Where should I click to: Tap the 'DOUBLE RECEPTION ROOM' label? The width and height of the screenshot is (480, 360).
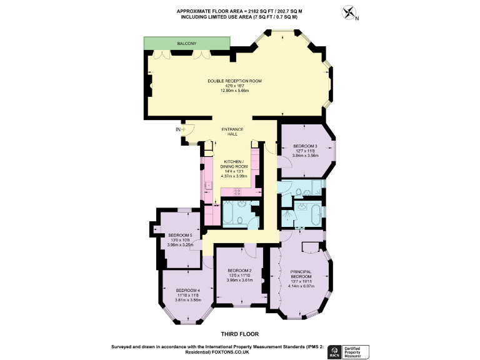click(x=234, y=81)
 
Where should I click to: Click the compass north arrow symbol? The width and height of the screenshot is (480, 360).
click(x=348, y=13)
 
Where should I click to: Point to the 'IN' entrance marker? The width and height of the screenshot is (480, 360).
click(x=177, y=130)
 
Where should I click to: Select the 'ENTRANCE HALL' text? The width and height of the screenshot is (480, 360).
click(x=232, y=132)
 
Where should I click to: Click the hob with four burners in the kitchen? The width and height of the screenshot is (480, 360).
click(x=238, y=191)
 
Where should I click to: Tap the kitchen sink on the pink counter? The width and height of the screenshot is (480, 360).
click(x=208, y=186)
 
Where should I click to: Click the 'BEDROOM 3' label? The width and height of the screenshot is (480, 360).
click(x=306, y=146)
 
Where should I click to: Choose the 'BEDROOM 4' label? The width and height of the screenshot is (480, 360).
click(x=187, y=291)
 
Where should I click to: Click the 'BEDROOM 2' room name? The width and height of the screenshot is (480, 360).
click(x=239, y=271)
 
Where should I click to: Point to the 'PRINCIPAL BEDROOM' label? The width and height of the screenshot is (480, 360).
click(x=302, y=274)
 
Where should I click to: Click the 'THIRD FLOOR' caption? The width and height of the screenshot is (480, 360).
click(x=239, y=334)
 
